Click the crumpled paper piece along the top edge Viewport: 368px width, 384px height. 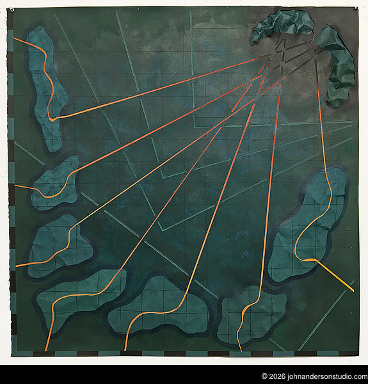click(x=284, y=24)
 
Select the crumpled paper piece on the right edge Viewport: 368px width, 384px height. click(x=338, y=64)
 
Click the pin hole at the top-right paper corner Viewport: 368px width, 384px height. click(x=356, y=8)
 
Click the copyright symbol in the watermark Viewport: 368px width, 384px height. click(x=264, y=377)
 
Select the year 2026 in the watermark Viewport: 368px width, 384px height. click(x=277, y=377)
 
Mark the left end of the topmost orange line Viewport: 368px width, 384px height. click(x=15, y=38)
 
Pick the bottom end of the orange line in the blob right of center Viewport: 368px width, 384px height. click(x=240, y=349)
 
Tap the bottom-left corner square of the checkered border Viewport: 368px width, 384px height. click(x=13, y=353)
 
